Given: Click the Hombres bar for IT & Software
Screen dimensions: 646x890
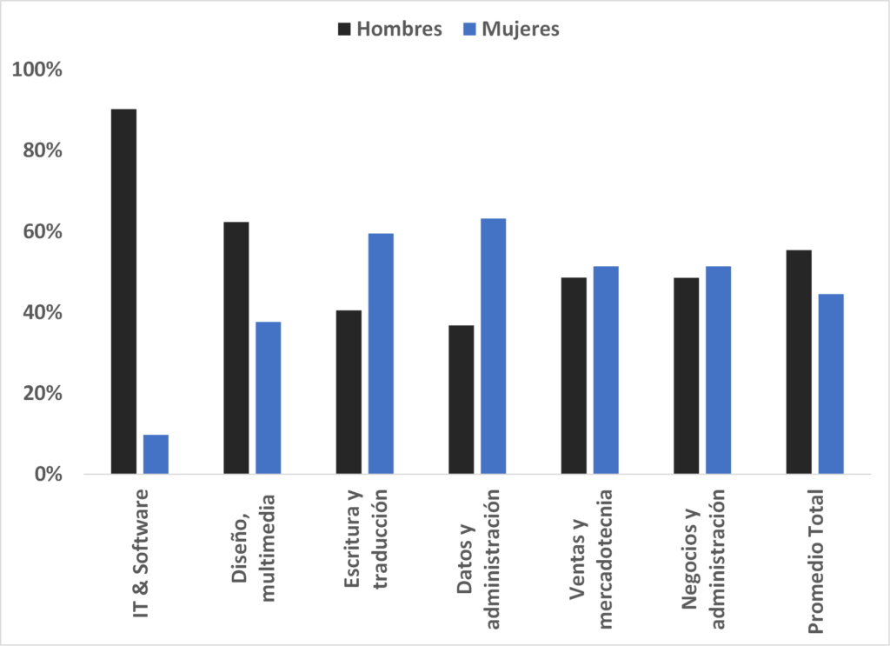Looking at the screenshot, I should coord(123,291).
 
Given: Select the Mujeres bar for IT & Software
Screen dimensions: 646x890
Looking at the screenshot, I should coord(156,454).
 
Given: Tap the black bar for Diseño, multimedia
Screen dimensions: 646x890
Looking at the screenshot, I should coord(236,348).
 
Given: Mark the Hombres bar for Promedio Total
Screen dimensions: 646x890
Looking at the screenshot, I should coord(799,362).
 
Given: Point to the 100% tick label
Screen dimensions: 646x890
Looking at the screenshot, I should coord(37,70).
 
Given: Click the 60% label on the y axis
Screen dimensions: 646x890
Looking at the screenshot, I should coord(42,232).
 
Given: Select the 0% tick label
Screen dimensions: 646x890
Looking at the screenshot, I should coord(48,475).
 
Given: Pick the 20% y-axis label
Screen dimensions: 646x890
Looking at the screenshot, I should coord(42,394).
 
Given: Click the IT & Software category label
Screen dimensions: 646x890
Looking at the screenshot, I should coord(141,553).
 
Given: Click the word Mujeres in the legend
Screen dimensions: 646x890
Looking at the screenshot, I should coord(521,30).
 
